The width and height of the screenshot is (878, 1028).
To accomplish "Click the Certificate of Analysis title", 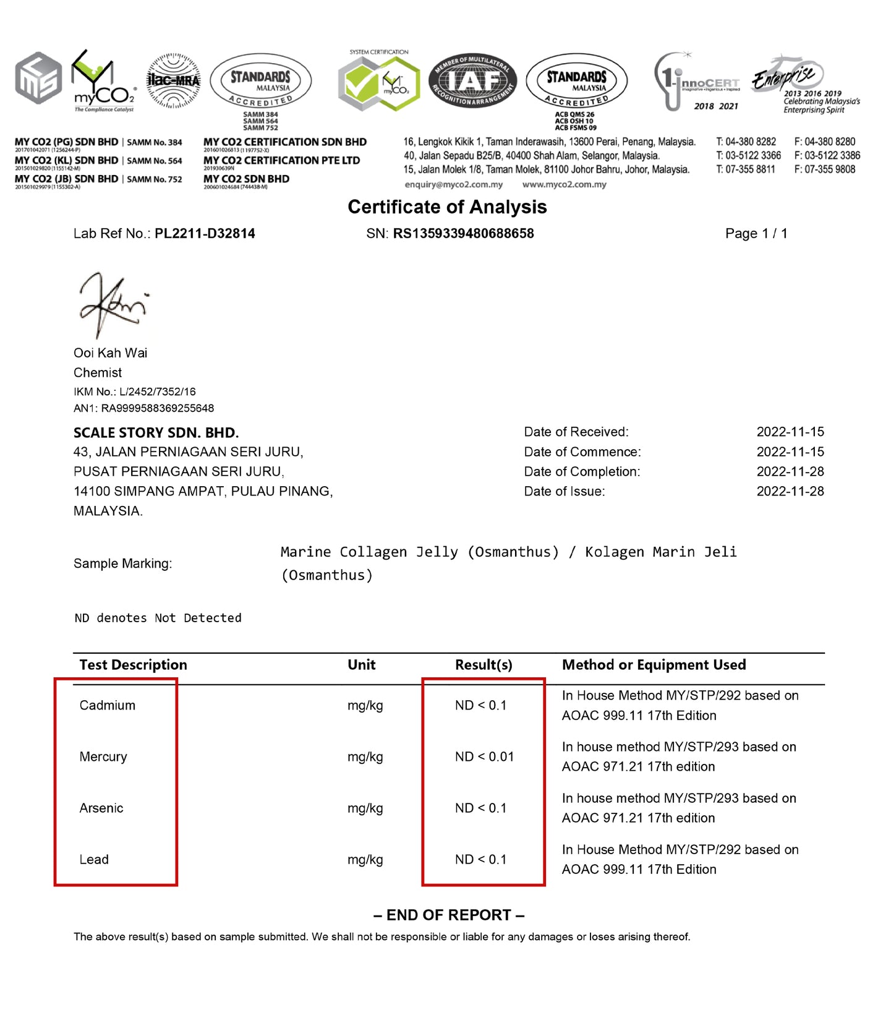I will [447, 207].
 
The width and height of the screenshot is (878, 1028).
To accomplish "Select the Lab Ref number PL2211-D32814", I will [205, 234].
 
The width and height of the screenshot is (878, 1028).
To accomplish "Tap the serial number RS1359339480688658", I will [463, 234].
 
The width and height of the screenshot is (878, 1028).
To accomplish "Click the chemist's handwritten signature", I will [113, 305].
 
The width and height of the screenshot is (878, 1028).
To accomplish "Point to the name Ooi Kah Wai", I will [111, 353].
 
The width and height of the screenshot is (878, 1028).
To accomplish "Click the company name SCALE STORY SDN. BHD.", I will [156, 432].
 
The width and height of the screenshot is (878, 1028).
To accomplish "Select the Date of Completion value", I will [790, 471].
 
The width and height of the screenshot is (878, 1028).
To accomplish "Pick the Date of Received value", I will [790, 432].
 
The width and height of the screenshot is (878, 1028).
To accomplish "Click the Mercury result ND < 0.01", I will [484, 756].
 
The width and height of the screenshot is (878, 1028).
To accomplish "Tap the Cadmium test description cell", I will [108, 705].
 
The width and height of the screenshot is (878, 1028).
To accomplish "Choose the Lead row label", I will [94, 859].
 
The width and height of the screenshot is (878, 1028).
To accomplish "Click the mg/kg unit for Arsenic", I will [365, 808].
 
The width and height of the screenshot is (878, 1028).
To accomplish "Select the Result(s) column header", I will [484, 665].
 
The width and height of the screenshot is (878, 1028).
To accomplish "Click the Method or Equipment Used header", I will [654, 665].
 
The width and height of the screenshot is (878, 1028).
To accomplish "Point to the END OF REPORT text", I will [449, 915].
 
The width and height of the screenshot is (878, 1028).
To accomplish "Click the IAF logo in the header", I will [473, 80].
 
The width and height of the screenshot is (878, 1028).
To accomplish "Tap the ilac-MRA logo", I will [174, 81].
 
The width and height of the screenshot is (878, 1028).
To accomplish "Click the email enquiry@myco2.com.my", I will [453, 184].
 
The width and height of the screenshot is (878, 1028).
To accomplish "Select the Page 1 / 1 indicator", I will [756, 234].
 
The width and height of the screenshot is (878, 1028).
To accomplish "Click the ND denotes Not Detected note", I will [158, 618].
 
